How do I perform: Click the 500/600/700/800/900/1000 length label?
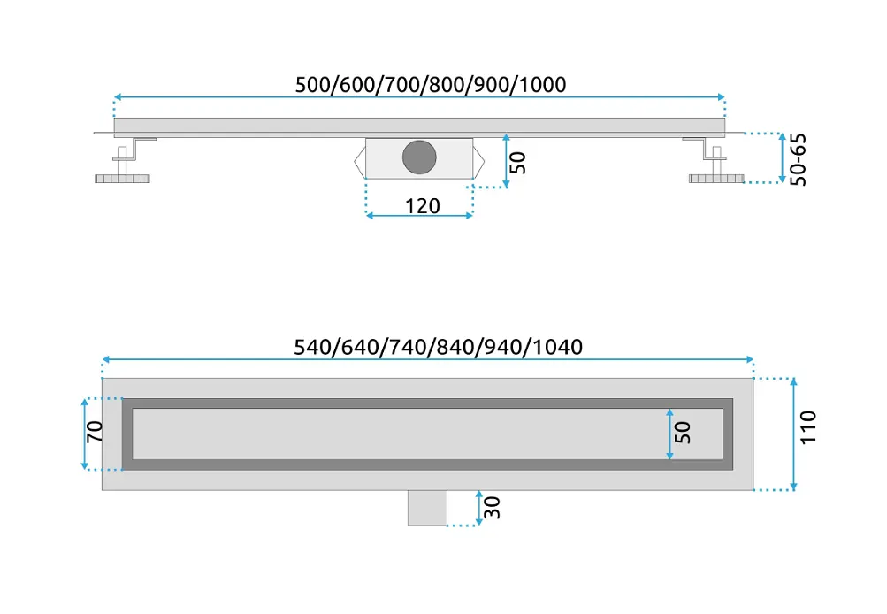431,85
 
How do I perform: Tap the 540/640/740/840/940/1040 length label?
439,347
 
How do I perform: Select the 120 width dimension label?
423,206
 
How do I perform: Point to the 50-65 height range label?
799,159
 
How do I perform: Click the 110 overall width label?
808,427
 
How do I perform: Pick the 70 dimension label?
95,432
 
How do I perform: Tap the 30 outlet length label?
493,508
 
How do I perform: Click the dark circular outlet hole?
419,157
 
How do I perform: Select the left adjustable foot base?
122,179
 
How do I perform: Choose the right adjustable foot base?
716,179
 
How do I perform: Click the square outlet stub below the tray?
428,508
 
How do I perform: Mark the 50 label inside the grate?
683,433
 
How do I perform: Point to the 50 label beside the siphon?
517,163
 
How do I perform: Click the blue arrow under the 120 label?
419,216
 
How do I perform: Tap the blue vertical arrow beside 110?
793,434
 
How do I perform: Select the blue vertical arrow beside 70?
85,434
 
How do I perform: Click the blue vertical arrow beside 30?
479,508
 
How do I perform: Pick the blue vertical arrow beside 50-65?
783,157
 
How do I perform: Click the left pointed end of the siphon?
355,161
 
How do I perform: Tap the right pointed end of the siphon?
485,161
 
